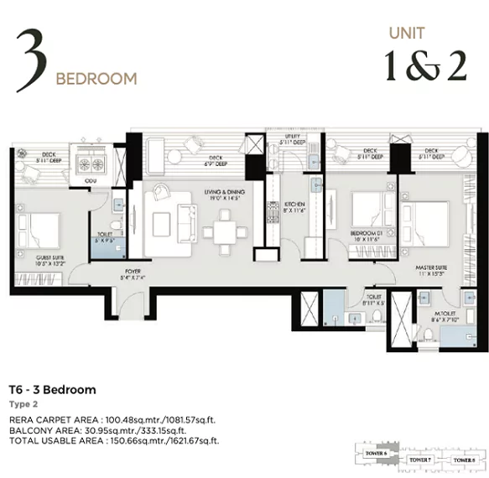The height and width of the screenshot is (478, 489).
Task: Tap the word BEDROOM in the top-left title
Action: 96,80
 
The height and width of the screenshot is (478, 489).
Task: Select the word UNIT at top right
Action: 406,34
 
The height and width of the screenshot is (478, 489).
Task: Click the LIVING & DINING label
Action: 223,195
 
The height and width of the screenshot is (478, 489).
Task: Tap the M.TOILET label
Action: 440,315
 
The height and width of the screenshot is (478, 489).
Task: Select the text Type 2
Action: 22,403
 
